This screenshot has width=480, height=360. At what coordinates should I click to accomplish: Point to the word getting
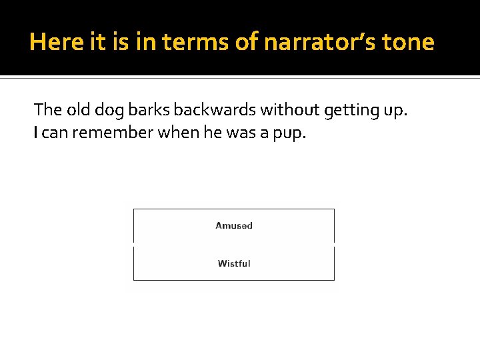[350, 109]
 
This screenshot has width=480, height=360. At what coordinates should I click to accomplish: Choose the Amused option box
[234, 225]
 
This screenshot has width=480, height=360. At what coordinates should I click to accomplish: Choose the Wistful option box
[234, 263]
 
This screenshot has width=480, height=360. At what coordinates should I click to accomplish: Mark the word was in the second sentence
[241, 133]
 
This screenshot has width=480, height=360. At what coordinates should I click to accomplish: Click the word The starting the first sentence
[47, 109]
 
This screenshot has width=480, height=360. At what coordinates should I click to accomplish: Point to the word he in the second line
[213, 133]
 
